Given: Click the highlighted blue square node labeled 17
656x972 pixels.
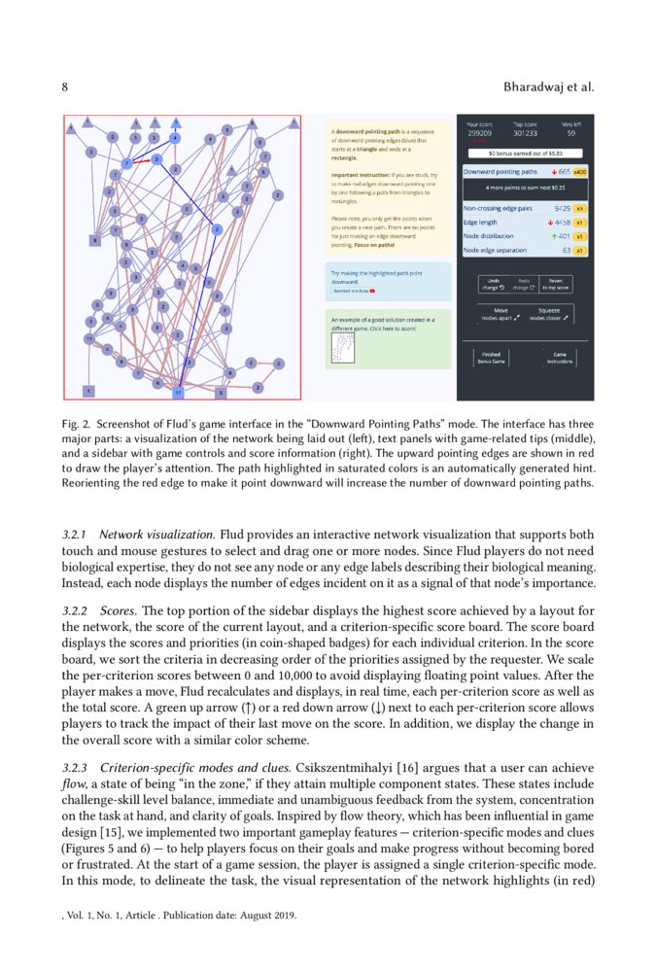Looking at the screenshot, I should click(178, 392).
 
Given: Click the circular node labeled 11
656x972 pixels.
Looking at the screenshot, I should click(88, 339).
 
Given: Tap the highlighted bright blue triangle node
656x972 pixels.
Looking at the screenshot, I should click(177, 123).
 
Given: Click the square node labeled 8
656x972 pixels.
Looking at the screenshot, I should click(94, 239).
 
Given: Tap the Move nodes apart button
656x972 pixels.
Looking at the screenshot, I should click(501, 314).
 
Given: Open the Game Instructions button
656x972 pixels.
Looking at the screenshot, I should click(559, 358).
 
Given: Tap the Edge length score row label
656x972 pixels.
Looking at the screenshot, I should click(483, 222).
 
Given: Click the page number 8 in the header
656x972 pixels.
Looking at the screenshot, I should click(64, 87).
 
